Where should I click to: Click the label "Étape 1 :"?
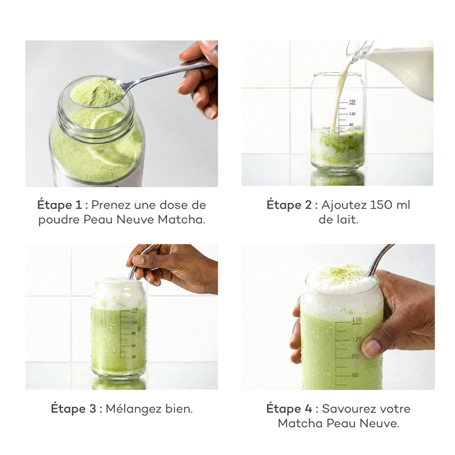(61, 205)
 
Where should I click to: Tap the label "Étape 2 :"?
(292, 205)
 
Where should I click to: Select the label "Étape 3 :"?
(76, 409)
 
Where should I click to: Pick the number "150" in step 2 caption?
(381, 205)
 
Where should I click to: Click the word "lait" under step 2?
(344, 220)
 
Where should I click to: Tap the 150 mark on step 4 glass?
(356, 319)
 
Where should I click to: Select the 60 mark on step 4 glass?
(355, 375)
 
